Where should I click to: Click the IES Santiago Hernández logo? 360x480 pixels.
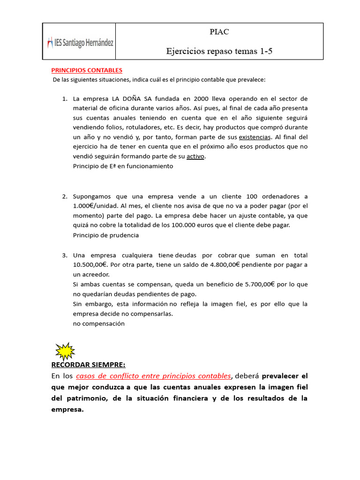click(x=80, y=43)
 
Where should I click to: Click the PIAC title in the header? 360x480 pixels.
click(x=219, y=32)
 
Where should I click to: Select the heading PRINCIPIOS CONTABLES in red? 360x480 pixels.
click(x=87, y=70)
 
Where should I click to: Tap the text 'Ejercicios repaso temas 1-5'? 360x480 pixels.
click(x=219, y=52)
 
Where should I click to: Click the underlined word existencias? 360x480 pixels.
click(x=255, y=137)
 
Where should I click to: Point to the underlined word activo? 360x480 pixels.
click(x=195, y=157)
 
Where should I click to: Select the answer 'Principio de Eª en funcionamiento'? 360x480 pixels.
click(x=123, y=166)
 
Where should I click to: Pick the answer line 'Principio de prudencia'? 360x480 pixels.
click(x=106, y=235)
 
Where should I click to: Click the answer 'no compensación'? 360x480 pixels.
click(x=99, y=323)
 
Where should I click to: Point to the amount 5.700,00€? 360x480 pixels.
click(x=256, y=285)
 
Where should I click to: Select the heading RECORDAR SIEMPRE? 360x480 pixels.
click(x=88, y=365)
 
